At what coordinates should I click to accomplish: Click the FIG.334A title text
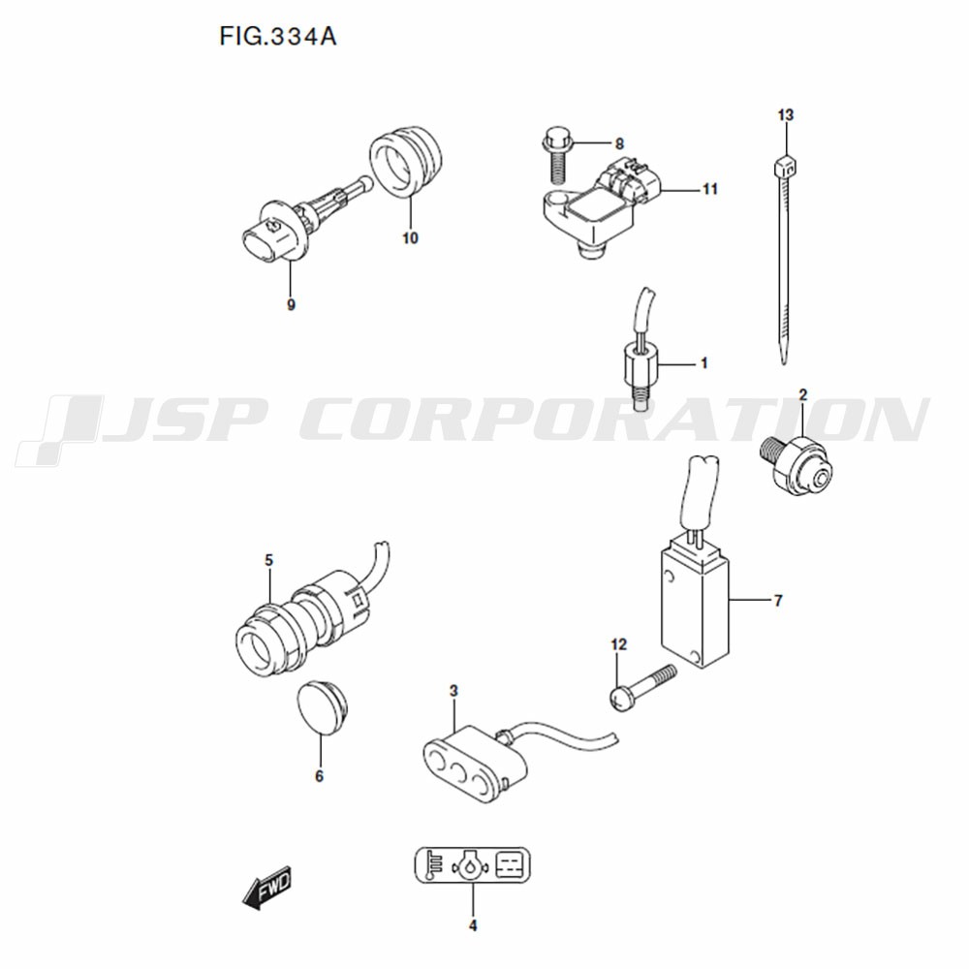pyautogui.click(x=277, y=37)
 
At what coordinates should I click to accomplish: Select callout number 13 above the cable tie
pyautogui.click(x=786, y=115)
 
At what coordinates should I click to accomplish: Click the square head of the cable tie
pyautogui.click(x=785, y=167)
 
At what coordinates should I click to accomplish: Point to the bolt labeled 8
pyautogui.click(x=557, y=154)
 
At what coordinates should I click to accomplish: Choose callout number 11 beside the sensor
pyautogui.click(x=710, y=189)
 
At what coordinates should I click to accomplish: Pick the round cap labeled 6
pyautogui.click(x=322, y=707)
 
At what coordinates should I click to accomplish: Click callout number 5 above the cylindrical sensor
pyautogui.click(x=268, y=560)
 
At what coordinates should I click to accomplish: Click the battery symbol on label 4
pyautogui.click(x=512, y=864)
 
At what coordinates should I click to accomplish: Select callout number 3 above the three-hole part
pyautogui.click(x=453, y=691)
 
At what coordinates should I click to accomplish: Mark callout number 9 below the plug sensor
pyautogui.click(x=291, y=304)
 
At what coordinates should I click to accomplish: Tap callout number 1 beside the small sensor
pyautogui.click(x=703, y=363)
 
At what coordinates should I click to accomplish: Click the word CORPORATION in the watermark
pyautogui.click(x=613, y=420)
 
